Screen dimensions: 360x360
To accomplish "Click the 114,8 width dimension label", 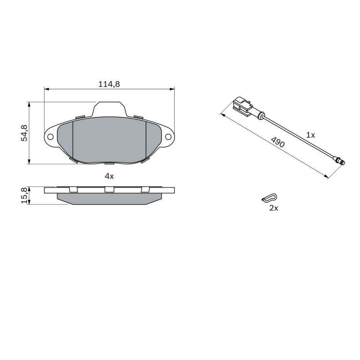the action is (x=109, y=84).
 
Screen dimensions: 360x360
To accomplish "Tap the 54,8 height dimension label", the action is (x=24, y=133).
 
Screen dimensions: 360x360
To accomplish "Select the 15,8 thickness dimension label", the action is (x=24, y=195).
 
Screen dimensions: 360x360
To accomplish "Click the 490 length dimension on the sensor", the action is (x=278, y=142).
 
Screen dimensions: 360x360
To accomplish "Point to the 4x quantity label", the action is (x=109, y=176).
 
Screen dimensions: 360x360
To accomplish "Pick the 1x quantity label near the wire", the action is (x=311, y=135).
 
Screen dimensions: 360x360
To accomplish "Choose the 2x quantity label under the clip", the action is (x=273, y=208).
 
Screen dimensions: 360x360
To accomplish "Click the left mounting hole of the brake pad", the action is (x=50, y=137).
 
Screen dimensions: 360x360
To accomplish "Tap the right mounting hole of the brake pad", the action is (x=168, y=137).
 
